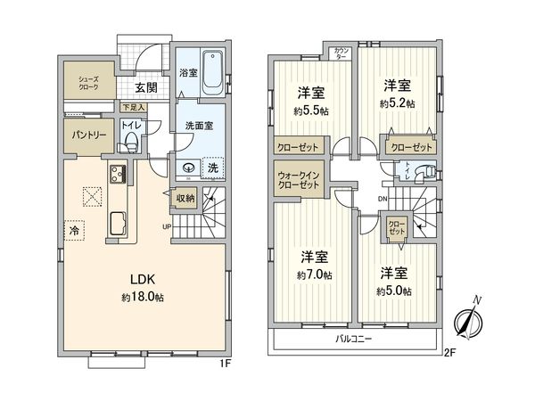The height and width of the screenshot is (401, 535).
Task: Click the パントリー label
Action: coord(88,135)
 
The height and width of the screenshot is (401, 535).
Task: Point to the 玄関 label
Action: coord(146,87)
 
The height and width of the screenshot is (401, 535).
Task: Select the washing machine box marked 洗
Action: coord(214,166)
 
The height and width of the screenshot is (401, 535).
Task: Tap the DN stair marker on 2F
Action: coord(383,198)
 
